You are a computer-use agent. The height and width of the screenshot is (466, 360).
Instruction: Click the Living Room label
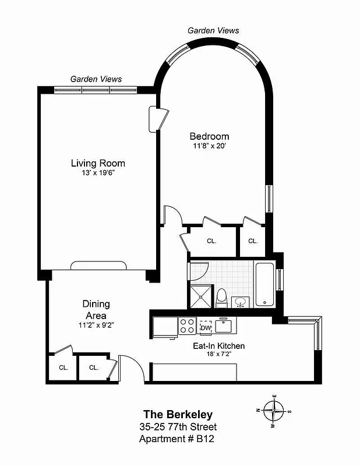[x=98, y=163]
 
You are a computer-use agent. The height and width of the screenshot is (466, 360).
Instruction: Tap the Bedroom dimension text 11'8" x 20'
[x=209, y=147]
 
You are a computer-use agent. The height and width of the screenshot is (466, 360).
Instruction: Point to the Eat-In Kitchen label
[x=218, y=346]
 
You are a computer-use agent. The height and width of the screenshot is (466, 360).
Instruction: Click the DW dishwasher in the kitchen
[x=205, y=327]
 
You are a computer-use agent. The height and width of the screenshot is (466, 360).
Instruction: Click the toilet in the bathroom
[x=221, y=298]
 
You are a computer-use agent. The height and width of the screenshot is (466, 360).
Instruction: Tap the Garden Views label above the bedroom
[x=213, y=30]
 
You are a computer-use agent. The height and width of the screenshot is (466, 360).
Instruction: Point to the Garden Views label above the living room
[x=96, y=79]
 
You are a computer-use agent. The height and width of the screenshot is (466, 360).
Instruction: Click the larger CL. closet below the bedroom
[x=212, y=241]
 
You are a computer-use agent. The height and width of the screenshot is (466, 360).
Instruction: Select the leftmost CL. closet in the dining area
[x=63, y=368]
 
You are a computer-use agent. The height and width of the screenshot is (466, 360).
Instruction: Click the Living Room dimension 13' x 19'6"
[x=98, y=174]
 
